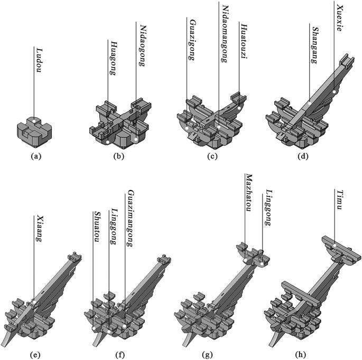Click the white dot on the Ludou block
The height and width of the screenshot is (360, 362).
[x=31, y=122]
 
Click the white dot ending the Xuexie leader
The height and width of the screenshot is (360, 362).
[x=335, y=91]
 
